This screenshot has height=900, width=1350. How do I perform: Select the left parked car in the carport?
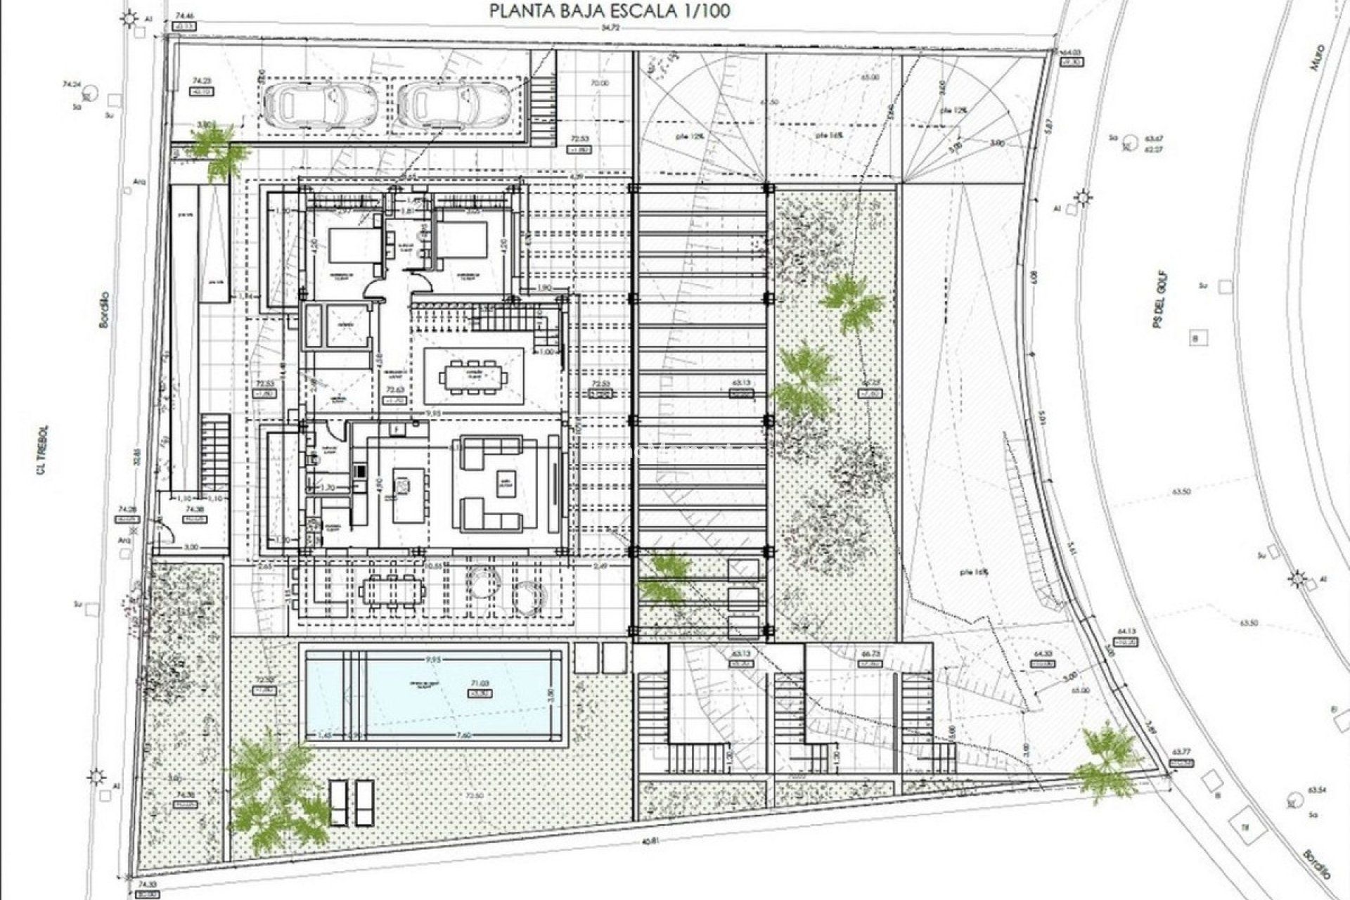coord(321,104)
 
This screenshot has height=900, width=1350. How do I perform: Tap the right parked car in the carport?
coord(454,104)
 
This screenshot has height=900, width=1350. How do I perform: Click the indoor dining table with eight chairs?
coord(473,377)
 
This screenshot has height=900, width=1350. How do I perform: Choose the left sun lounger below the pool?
coord(339,801)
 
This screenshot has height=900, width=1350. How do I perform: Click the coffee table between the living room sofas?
coord(503,482)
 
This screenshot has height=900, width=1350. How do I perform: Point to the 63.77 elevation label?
coord(1181,751)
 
